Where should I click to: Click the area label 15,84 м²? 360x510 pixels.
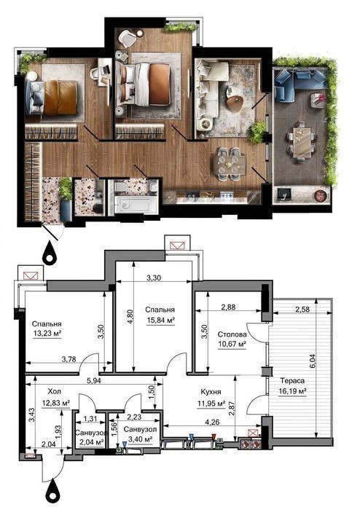[x=160, y=321]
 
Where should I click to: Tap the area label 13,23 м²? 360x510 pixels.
[x=47, y=334]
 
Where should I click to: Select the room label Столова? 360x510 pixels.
[x=232, y=334]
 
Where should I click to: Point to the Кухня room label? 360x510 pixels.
[x=211, y=392]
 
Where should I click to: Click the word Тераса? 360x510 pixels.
[x=292, y=381]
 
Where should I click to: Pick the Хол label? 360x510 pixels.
[x=55, y=391]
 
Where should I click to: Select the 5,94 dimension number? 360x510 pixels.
[x=94, y=381]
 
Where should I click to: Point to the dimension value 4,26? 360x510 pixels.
[x=212, y=423]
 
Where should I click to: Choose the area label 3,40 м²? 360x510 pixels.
[x=141, y=440]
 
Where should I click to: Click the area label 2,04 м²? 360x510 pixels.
[x=91, y=442]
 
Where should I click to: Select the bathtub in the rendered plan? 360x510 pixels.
[x=133, y=205]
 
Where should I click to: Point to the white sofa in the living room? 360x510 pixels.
[x=209, y=92]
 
